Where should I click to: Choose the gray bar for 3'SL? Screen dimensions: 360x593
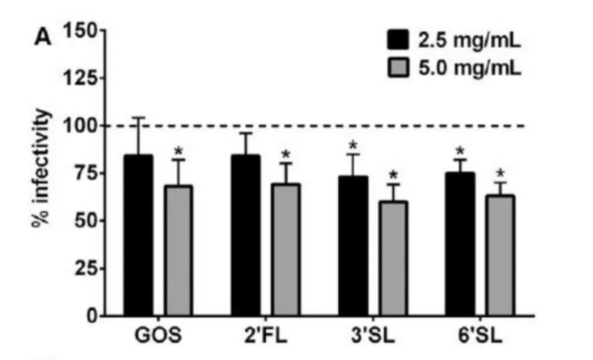coord(393,258)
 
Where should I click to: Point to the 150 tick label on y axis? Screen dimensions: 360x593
coord(80,31)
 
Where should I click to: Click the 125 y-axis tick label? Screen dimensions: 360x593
coord(80,78)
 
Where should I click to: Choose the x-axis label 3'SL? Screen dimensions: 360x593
coord(373,334)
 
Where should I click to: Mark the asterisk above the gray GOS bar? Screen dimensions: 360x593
coord(178,151)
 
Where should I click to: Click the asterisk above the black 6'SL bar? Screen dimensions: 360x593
coord(460,151)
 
